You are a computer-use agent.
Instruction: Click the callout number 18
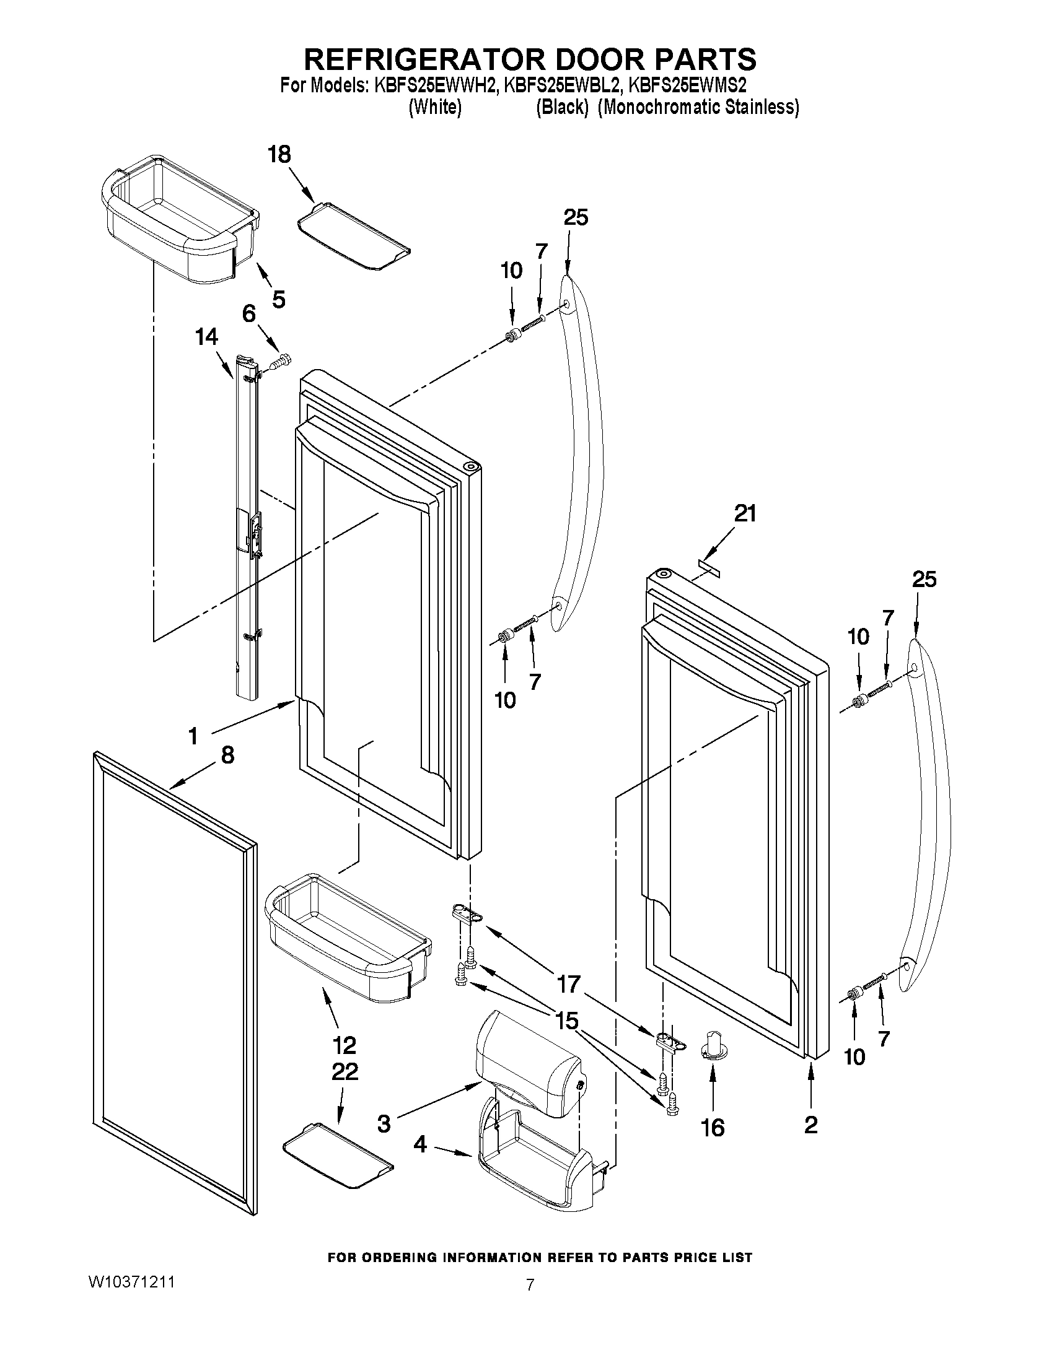point(279,154)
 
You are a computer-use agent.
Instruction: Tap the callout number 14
point(206,337)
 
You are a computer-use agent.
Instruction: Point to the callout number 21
point(745,513)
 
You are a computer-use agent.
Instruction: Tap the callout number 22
point(345,1072)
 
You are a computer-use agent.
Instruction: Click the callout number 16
point(713,1128)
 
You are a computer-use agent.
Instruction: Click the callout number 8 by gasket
point(227,755)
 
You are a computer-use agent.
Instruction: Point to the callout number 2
point(810,1125)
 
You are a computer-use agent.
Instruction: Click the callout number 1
point(193,736)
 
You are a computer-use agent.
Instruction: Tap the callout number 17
point(568,984)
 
